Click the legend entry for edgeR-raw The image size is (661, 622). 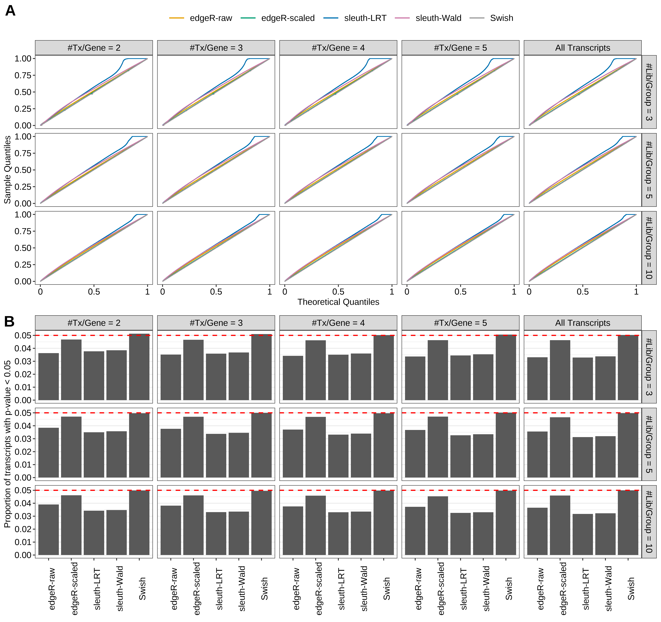[210, 18]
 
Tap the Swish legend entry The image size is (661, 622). [501, 18]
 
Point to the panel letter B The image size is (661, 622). [9, 321]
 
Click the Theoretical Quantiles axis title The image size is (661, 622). [338, 302]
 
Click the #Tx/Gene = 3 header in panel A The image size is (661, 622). [216, 48]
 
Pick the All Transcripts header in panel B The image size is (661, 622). [583, 323]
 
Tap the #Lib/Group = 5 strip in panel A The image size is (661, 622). [649, 170]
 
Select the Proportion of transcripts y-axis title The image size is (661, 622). [7, 444]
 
